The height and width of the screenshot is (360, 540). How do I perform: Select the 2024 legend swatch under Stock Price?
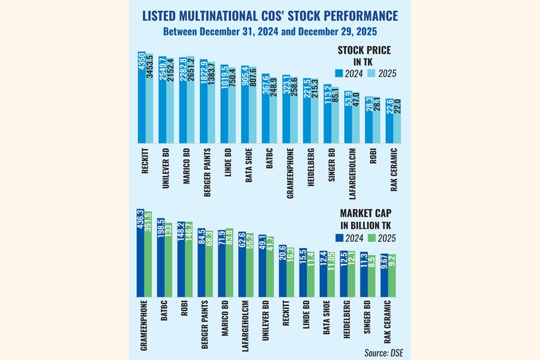(340, 73)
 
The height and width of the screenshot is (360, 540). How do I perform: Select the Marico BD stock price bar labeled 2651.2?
(190, 102)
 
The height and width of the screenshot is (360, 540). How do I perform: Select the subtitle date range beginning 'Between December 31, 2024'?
(269, 30)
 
